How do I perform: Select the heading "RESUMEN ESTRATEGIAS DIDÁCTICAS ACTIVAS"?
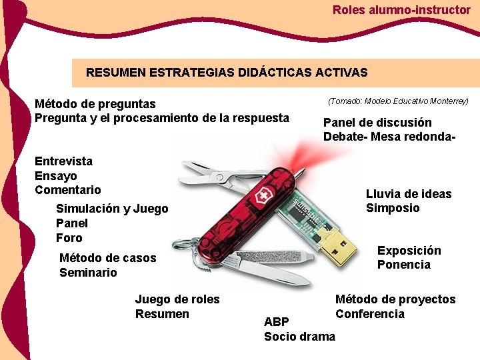tap(227, 72)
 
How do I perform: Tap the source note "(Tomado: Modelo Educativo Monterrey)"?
tap(398, 101)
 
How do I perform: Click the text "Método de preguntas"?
tap(95, 104)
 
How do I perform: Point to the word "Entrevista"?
tap(63, 161)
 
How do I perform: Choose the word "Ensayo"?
tap(56, 176)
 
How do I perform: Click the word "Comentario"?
tap(68, 190)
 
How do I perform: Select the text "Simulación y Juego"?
tap(112, 209)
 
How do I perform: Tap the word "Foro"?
tap(69, 238)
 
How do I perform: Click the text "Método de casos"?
tap(107, 258)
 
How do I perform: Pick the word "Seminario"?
tap(88, 273)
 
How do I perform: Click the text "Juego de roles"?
tap(177, 299)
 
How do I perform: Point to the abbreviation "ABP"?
tap(277, 322)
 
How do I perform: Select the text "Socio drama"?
tap(299, 337)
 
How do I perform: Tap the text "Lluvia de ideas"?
tap(409, 194)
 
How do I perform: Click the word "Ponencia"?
tap(404, 265)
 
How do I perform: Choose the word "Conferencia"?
tap(370, 314)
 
